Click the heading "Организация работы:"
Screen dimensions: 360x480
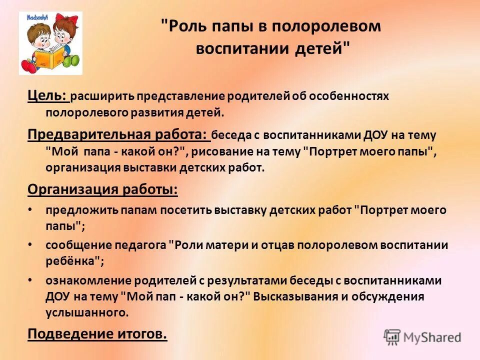102,189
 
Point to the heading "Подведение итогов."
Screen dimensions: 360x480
96,333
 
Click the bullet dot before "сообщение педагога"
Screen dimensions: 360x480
31,244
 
